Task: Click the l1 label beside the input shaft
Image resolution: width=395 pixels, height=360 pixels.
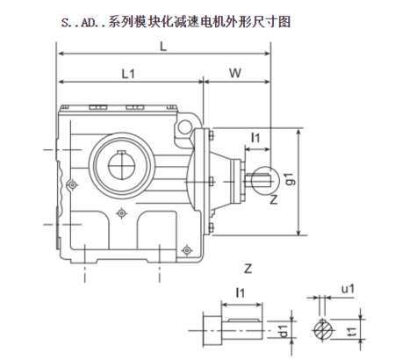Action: point(255,138)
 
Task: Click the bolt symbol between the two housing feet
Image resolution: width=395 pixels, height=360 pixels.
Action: point(121,212)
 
